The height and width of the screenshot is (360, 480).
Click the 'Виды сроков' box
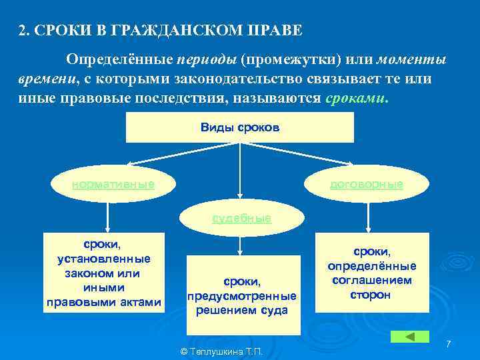click(x=240, y=127)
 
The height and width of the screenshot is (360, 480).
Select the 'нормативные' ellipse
click(x=113, y=184)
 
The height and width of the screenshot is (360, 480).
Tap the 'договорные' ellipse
click(x=366, y=184)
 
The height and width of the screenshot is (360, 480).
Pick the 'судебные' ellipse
click(x=241, y=218)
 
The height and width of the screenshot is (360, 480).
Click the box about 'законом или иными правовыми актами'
click(x=103, y=271)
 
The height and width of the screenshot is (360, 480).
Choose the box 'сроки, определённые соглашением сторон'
click(x=371, y=271)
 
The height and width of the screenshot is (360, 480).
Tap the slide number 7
click(x=449, y=343)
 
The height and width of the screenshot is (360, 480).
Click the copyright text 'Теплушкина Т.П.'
click(x=222, y=351)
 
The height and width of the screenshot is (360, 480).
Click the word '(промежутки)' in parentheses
click(x=291, y=61)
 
